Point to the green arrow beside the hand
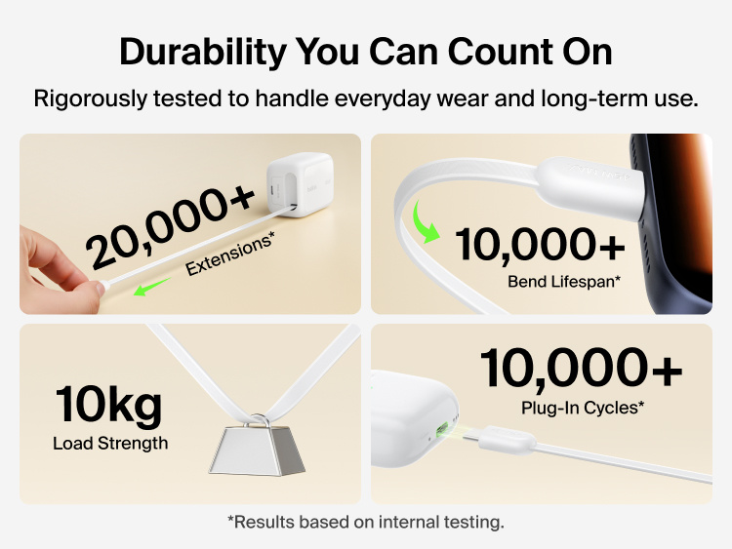point(153,285)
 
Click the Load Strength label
point(110,444)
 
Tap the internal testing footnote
point(365,522)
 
